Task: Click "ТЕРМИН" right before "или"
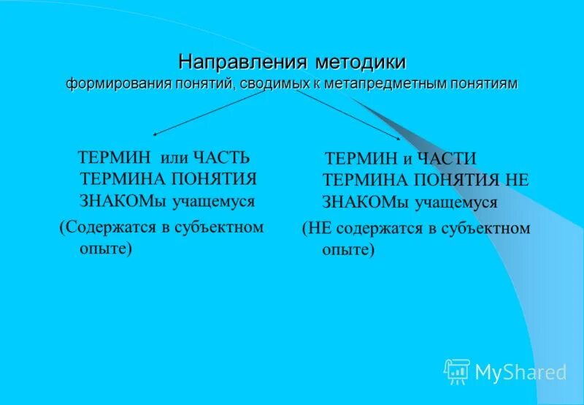click(x=114, y=158)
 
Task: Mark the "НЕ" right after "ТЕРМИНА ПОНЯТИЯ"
click(x=515, y=180)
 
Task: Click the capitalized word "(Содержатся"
click(x=106, y=227)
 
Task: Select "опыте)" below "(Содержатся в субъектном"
click(x=106, y=249)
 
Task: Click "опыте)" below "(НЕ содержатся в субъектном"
click(x=348, y=249)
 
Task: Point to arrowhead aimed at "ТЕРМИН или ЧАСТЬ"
click(x=155, y=134)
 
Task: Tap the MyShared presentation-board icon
click(x=457, y=371)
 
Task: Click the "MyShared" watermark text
click(x=520, y=372)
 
